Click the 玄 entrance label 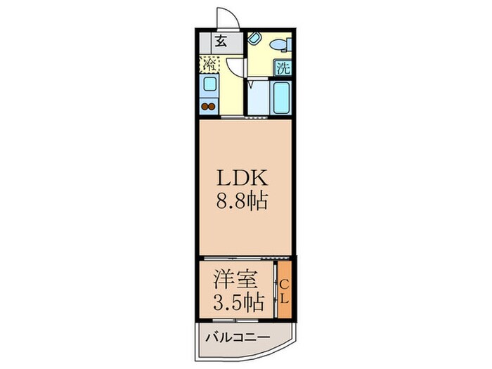(x=221, y=41)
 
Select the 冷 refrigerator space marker (x=209, y=65)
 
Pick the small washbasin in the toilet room (x=254, y=38)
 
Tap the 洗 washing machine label (x=283, y=68)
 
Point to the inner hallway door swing (x=235, y=67)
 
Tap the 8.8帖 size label (x=243, y=202)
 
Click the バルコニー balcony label (x=237, y=339)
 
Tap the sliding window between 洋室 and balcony (x=235, y=322)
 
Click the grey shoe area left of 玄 (x=205, y=41)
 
